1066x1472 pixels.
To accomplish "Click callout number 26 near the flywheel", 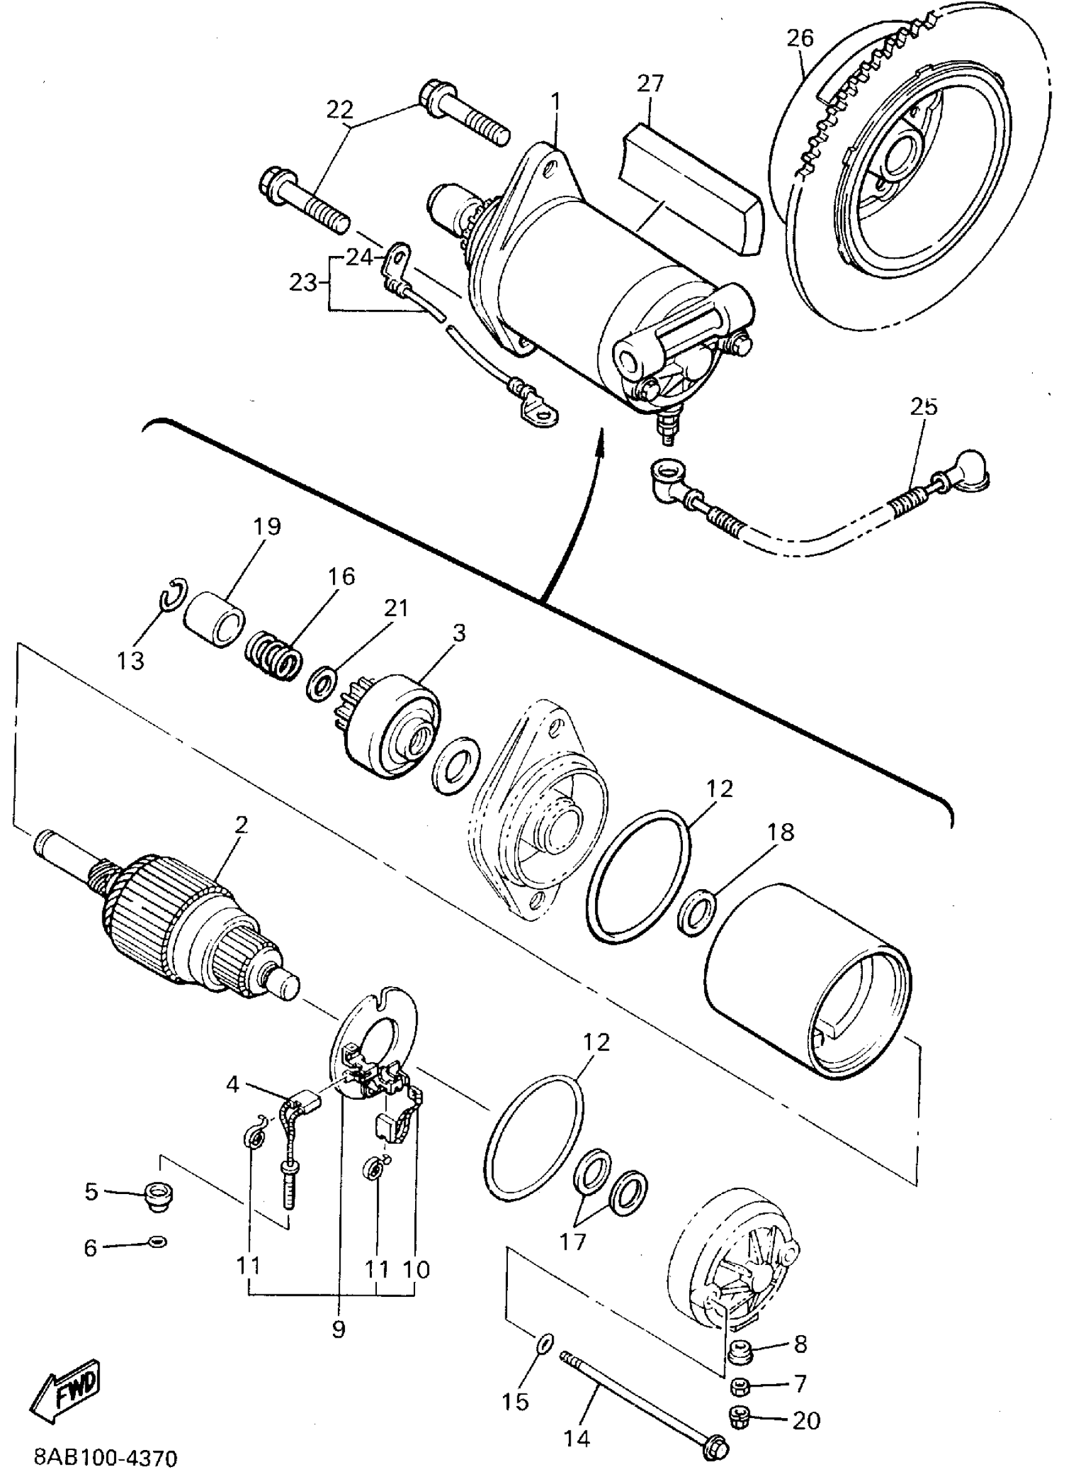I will [800, 38].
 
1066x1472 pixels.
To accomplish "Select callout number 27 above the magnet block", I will [650, 83].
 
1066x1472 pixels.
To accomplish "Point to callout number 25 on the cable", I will [923, 407].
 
